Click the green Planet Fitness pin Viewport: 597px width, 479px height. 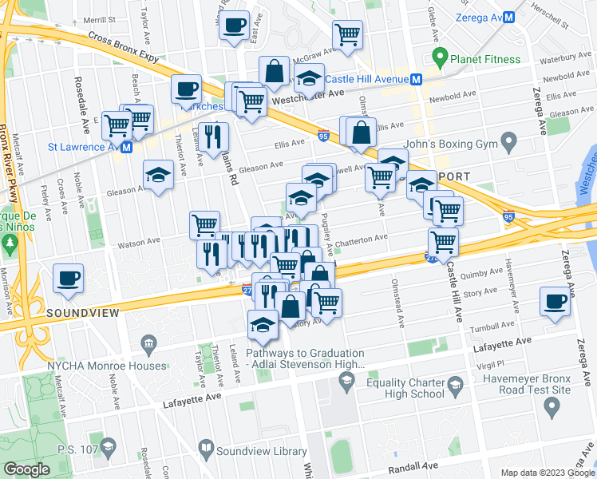(438, 57)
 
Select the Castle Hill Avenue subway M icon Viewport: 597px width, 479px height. (416, 79)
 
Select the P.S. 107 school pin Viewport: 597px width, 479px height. (109, 445)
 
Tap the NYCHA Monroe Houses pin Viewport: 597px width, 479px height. (148, 346)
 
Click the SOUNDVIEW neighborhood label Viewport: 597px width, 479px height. (82, 312)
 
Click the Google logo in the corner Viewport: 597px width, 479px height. (27, 469)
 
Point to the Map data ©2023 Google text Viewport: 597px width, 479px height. (547, 473)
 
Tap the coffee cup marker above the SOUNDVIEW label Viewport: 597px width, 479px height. (68, 278)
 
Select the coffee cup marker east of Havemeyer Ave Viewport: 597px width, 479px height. (555, 302)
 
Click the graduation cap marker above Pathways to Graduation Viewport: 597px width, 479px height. (263, 323)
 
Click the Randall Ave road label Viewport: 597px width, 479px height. (412, 465)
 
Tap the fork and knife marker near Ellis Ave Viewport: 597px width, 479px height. (215, 137)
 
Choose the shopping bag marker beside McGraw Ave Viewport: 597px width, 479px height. (274, 70)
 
